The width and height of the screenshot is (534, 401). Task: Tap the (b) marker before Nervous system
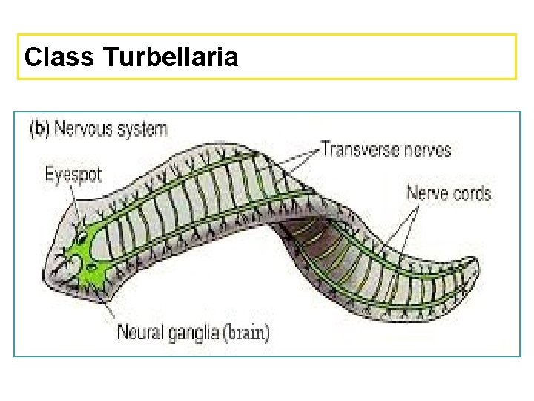tap(39, 128)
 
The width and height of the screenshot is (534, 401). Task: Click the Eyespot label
tap(73, 175)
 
